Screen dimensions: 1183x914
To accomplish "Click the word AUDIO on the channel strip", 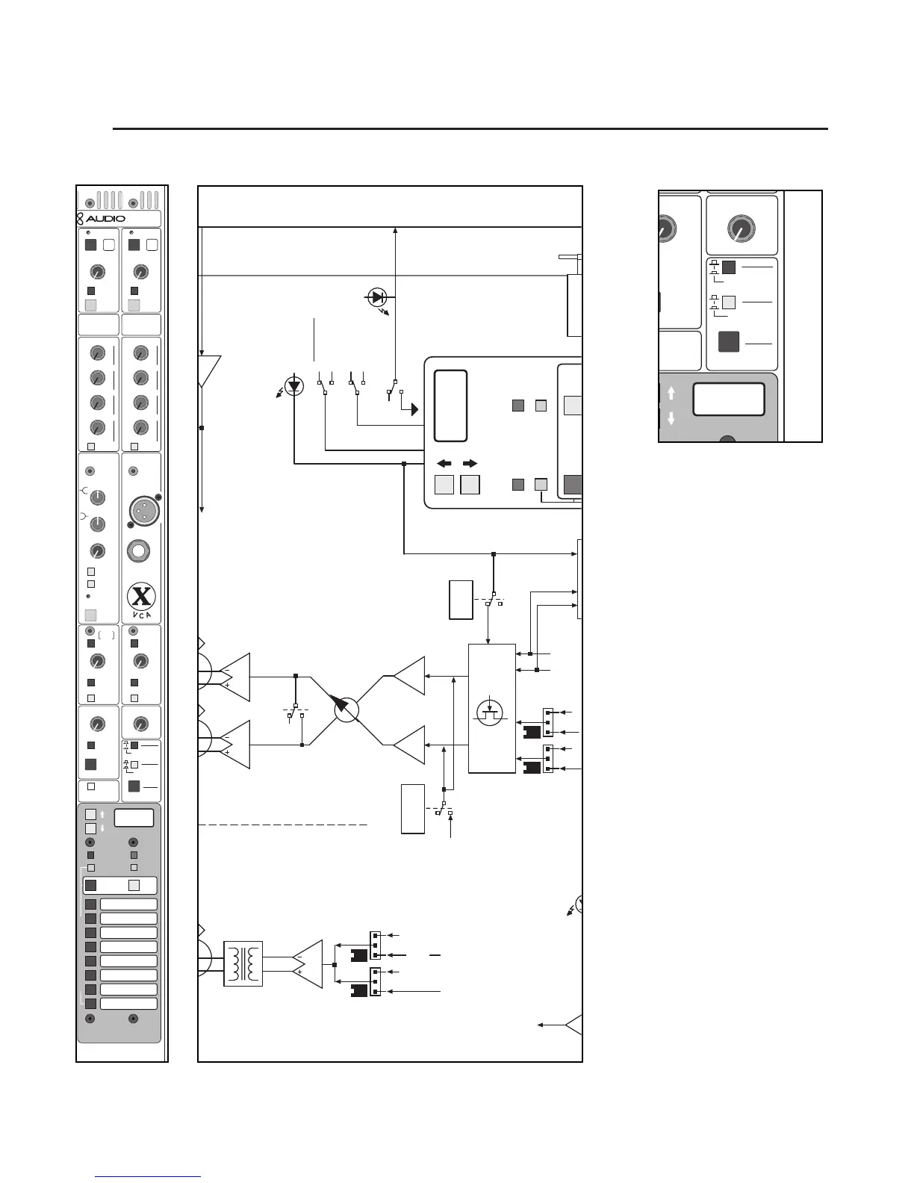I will (x=105, y=219).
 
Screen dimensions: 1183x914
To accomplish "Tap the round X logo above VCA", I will (x=141, y=596).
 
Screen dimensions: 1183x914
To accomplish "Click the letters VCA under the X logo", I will (x=141, y=615).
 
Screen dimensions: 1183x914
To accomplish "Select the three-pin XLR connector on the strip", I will (x=141, y=511).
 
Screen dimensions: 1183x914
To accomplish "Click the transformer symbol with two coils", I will (x=243, y=963).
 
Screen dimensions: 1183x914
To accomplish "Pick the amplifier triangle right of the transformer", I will (x=308, y=964).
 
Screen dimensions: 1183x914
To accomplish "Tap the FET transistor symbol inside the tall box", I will (x=490, y=710).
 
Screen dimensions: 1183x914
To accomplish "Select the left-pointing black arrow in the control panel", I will (x=444, y=464).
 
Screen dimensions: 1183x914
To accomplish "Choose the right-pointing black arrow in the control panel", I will (x=470, y=464).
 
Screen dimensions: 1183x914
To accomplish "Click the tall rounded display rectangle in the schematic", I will (x=451, y=406).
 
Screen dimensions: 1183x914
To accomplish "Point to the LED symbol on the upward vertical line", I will (x=378, y=297).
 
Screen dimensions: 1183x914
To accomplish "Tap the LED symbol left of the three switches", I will (x=295, y=386).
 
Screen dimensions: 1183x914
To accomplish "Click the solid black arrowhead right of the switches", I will (x=414, y=409).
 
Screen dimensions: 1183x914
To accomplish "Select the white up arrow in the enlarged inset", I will (x=671, y=393).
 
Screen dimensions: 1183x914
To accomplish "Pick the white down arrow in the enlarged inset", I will (x=671, y=419).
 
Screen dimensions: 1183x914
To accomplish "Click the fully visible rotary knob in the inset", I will (x=741, y=229).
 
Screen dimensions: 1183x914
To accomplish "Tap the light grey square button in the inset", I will (x=729, y=302).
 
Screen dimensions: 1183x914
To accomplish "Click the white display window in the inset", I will (x=728, y=400).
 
